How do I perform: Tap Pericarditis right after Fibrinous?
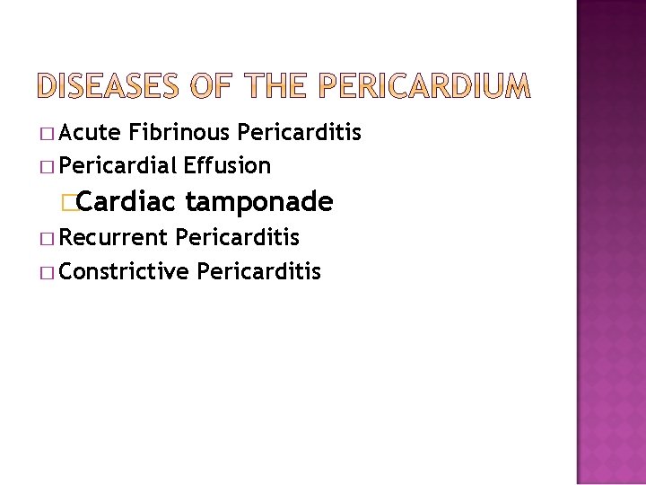point(300,133)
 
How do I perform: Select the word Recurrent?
point(114,238)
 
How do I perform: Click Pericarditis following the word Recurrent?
point(238,238)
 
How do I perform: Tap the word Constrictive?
point(124,270)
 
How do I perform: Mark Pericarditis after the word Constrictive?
point(258,270)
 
